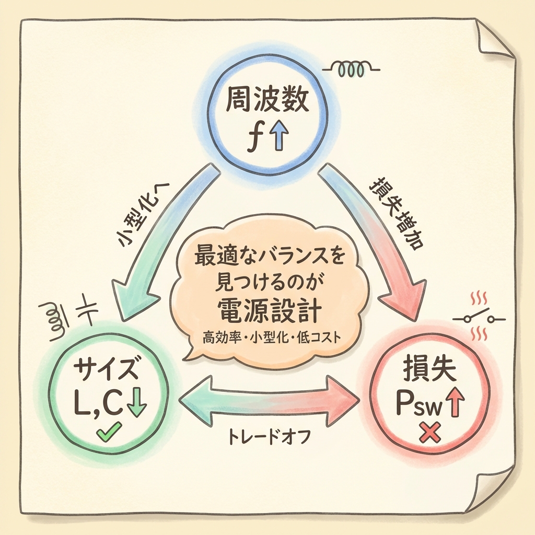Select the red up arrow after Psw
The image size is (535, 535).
pos(456,403)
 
